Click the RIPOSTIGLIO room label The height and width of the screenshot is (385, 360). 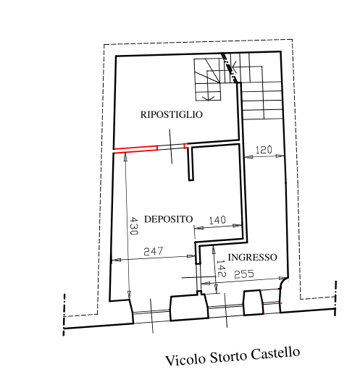pos(171,114)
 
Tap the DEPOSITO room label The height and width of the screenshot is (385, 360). pos(168,219)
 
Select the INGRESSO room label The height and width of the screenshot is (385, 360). pos(252,258)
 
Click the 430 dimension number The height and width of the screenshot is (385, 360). pos(133,225)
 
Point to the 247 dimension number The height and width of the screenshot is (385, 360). pos(154,251)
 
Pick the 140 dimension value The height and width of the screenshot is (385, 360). pos(217,220)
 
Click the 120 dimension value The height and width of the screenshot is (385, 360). pos(264,150)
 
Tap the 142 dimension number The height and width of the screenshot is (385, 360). pos(220,268)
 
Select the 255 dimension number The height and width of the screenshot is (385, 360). pos(244,274)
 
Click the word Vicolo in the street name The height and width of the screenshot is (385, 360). pos(185,360)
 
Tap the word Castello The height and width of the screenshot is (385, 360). pos(275,353)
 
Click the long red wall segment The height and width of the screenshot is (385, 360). pos(135,149)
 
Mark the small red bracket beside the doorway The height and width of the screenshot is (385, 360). pos(186,145)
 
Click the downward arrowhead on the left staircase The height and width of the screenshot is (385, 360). pos(208,98)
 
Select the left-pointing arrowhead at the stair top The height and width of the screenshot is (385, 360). pos(234,67)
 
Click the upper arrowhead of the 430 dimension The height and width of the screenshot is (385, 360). pos(125,156)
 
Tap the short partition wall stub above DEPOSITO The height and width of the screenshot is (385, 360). pos(191,164)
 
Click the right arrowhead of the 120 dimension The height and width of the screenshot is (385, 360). pos(280,156)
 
